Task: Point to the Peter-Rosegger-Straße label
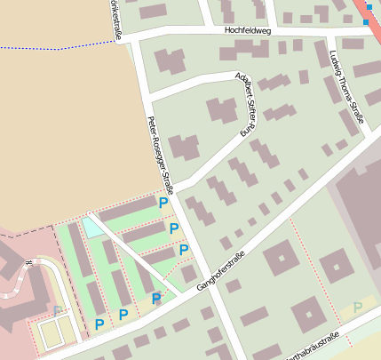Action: coord(163,150)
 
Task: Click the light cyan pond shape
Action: coord(92,227)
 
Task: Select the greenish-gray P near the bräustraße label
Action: coord(357,308)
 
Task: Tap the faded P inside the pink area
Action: coord(57,311)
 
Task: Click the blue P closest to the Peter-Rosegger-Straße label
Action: coord(163,203)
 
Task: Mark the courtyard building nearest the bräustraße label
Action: coord(309,314)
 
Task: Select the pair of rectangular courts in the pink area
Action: coord(52,333)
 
